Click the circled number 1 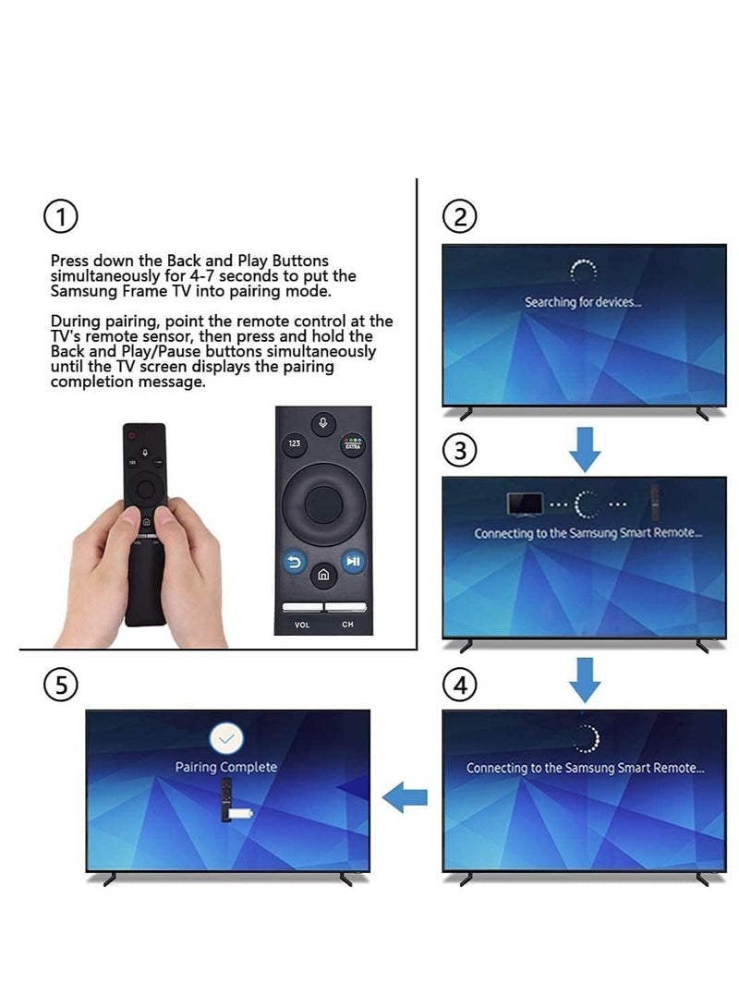pyautogui.click(x=61, y=218)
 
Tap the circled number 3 pyautogui.click(x=460, y=451)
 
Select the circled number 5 pyautogui.click(x=61, y=685)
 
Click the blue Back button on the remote pyautogui.click(x=293, y=561)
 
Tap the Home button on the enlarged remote pyautogui.click(x=322, y=576)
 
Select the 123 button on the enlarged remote pyautogui.click(x=294, y=443)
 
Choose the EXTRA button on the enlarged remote pyautogui.click(x=352, y=444)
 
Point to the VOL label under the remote pyautogui.click(x=301, y=625)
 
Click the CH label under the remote pyautogui.click(x=347, y=625)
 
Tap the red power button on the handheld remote pyautogui.click(x=132, y=436)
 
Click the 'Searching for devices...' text pyautogui.click(x=582, y=302)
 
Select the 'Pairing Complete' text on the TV pyautogui.click(x=226, y=767)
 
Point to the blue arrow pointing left pyautogui.click(x=405, y=795)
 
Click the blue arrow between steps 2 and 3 pyautogui.click(x=584, y=449)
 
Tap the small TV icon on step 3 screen pyautogui.click(x=526, y=504)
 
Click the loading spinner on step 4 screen pyautogui.click(x=584, y=738)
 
